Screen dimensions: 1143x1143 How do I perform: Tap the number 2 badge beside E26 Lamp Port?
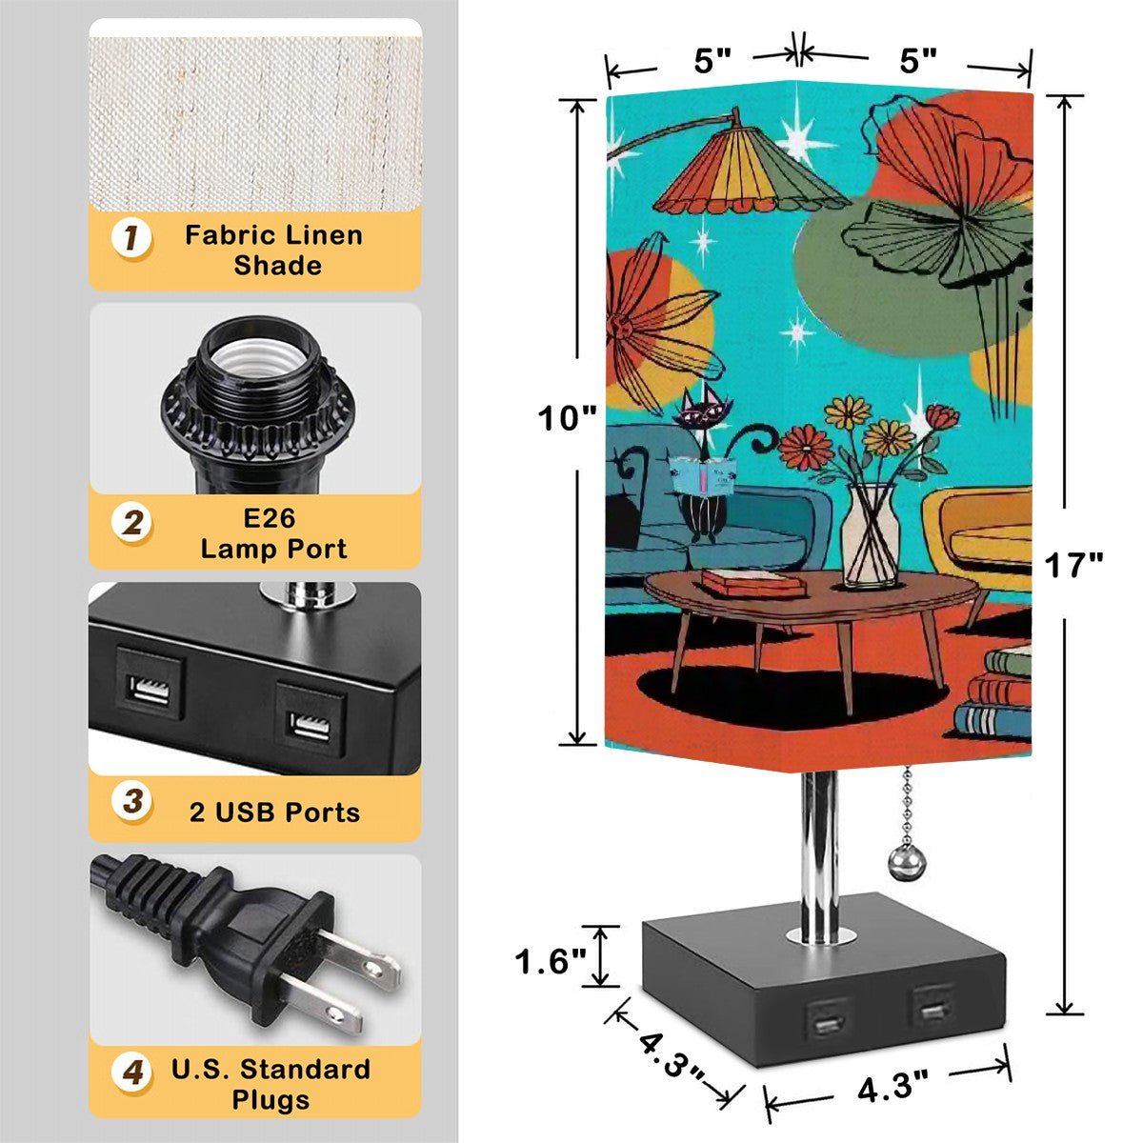click(131, 523)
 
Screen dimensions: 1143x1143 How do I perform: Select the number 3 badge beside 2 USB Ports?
click(131, 801)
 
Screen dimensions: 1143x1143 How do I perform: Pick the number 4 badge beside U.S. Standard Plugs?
click(131, 1072)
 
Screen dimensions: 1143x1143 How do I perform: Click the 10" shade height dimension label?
click(567, 418)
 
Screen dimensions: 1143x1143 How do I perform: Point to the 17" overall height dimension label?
click(1073, 565)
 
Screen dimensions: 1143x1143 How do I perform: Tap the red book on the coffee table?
click(753, 582)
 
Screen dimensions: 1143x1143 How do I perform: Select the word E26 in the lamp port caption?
click(270, 518)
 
